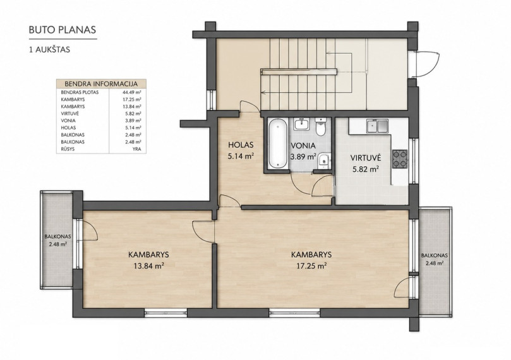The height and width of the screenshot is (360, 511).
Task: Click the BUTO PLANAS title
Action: click(63, 30)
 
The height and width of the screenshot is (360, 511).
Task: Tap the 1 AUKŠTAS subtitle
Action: click(49, 50)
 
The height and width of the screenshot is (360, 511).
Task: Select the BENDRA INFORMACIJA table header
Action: click(101, 84)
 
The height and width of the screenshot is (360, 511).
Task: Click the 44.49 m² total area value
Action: click(130, 92)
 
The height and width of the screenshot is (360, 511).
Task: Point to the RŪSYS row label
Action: click(68, 149)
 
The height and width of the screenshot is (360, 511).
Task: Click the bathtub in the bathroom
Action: click(278, 143)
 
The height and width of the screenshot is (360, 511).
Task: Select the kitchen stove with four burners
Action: click(400, 159)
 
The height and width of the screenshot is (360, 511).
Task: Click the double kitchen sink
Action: click(377, 126)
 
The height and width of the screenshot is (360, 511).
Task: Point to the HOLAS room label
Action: click(241, 145)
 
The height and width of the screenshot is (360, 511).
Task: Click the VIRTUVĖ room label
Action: click(366, 158)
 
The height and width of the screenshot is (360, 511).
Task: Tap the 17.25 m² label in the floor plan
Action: click(311, 266)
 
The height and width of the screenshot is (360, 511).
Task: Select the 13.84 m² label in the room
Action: click(148, 266)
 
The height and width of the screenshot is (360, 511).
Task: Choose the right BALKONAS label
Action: click(434, 256)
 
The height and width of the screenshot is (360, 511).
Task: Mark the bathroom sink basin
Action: click(301, 124)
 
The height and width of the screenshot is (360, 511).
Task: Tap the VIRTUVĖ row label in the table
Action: click(69, 114)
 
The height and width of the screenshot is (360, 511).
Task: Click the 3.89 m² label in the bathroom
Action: click(303, 157)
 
